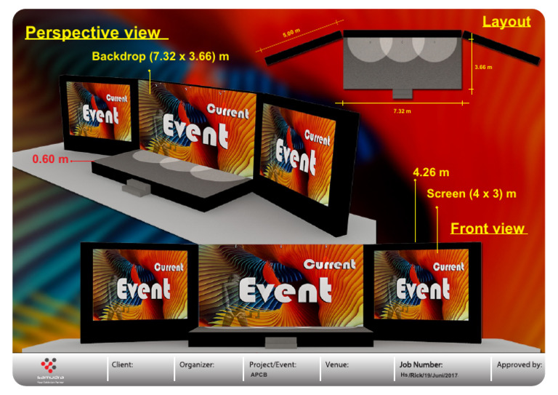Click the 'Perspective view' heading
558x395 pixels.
(x=93, y=33)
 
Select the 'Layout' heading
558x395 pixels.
(x=506, y=22)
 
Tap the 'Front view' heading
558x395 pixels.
(x=488, y=228)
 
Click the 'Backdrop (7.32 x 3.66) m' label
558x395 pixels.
(x=161, y=56)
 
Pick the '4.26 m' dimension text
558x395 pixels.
(x=431, y=172)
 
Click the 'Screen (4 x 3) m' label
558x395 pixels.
(x=472, y=193)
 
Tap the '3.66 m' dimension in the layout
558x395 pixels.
(x=483, y=67)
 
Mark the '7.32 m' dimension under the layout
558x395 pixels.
(x=402, y=111)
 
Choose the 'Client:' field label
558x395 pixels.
(x=122, y=364)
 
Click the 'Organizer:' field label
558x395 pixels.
(x=196, y=364)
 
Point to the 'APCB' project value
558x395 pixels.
(x=259, y=375)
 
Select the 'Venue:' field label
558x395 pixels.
(x=337, y=364)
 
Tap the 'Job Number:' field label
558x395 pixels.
(x=421, y=364)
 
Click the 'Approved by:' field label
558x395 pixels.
(x=519, y=364)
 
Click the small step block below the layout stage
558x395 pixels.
(x=402, y=94)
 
